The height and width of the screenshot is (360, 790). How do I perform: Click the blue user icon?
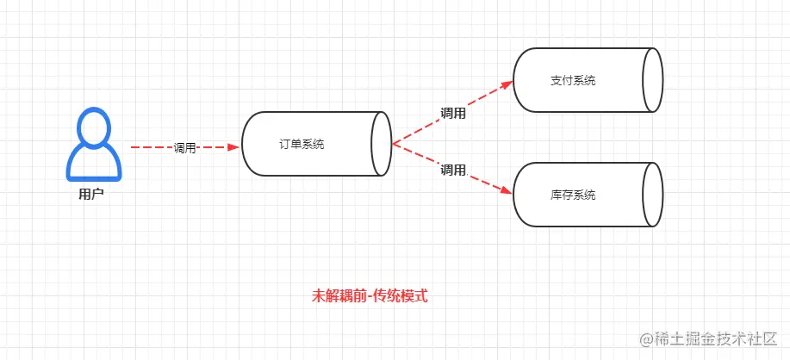coord(94,146)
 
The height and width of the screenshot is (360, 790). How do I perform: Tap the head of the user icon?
coord(94,128)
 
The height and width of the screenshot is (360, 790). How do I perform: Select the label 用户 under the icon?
coord(91,195)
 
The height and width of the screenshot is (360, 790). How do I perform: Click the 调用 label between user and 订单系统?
coord(185,148)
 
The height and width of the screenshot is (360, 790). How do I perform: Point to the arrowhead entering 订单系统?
coord(232,147)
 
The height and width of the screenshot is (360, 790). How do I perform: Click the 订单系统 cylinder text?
coord(302,145)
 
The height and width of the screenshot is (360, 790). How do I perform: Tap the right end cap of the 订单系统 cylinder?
coord(382,145)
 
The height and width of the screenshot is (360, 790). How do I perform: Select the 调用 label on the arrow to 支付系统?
coord(453,113)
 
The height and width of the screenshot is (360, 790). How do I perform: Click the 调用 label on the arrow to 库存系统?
coord(453,171)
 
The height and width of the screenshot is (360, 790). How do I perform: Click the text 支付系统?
coord(573,81)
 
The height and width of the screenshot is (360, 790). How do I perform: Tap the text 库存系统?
coord(573,196)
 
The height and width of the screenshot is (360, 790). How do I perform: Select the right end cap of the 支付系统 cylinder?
coord(652,80)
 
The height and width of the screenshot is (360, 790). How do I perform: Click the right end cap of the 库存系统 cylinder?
coord(652,195)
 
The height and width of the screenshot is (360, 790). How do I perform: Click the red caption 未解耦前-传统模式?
coord(370,296)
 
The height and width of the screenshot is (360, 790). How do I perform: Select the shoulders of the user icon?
coord(94,165)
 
